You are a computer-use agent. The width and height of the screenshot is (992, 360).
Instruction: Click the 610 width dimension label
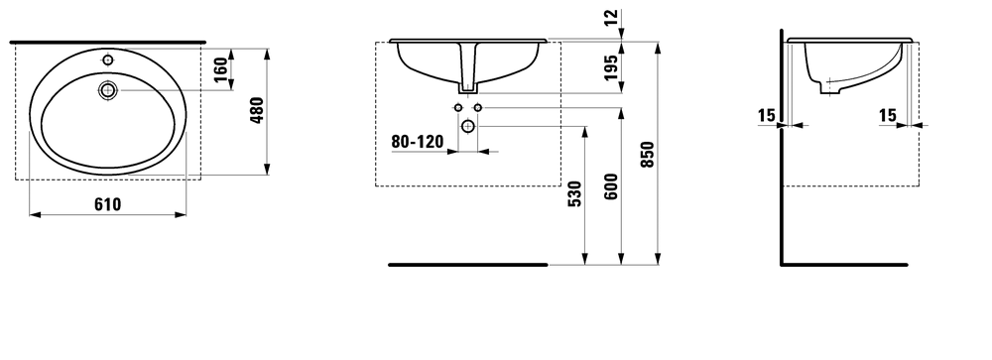click(x=107, y=204)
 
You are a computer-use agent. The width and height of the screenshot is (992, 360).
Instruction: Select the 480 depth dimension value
click(x=257, y=110)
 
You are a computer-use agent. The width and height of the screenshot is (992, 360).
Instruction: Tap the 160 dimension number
click(x=220, y=69)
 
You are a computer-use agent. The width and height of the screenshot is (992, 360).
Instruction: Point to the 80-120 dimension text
click(x=418, y=142)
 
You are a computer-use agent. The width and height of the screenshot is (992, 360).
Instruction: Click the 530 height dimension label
click(x=574, y=194)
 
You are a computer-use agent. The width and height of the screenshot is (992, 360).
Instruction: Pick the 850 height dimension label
click(x=647, y=155)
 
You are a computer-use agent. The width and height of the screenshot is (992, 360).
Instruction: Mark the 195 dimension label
click(x=611, y=67)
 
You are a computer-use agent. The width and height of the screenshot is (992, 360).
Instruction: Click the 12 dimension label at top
click(x=611, y=17)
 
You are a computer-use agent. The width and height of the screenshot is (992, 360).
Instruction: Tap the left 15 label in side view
click(x=766, y=115)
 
